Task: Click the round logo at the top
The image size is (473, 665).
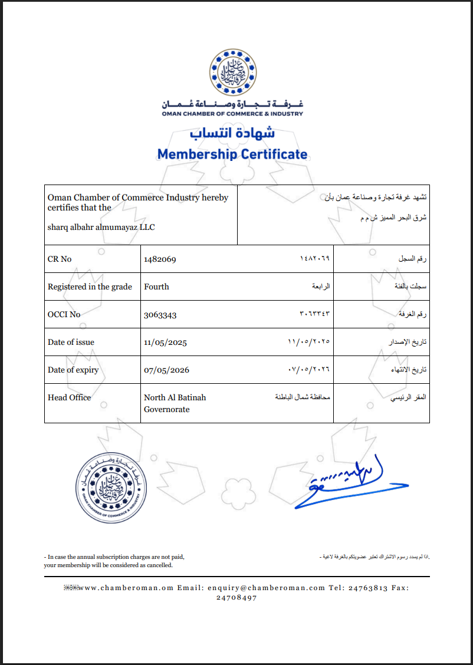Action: click(233, 73)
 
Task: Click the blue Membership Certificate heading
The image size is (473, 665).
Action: click(232, 154)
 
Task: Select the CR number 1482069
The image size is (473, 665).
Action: click(160, 259)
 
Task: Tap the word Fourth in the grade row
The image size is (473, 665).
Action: click(156, 287)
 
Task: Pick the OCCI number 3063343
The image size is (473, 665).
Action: click(160, 314)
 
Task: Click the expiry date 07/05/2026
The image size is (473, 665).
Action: click(166, 370)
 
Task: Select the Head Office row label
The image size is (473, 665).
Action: click(69, 397)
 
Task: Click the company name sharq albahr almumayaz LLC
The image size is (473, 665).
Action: click(101, 227)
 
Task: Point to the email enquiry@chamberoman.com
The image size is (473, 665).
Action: click(263, 588)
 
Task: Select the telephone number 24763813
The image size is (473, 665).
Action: click(368, 588)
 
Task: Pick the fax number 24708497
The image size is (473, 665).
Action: click(236, 597)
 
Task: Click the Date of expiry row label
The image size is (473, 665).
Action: click(73, 370)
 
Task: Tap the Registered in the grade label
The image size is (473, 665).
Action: click(90, 287)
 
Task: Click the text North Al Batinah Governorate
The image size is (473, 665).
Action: click(175, 403)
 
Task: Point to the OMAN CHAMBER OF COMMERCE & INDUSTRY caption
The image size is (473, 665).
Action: click(232, 114)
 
